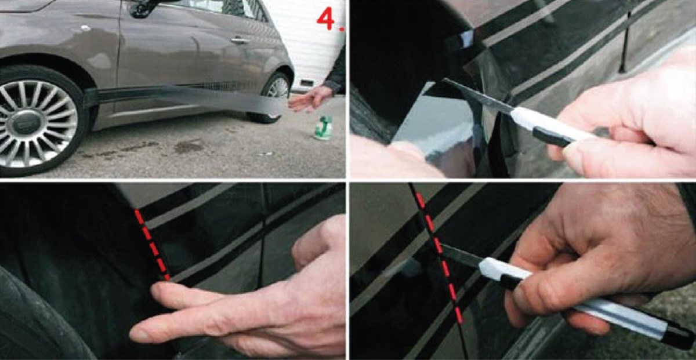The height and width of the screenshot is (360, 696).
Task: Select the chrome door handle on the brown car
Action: tap(240, 40)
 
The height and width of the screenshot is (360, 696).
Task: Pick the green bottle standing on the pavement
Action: tap(323, 128)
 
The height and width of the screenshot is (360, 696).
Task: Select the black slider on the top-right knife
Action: tap(552, 137)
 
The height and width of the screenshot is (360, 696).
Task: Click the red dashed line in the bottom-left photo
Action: tap(152, 245)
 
